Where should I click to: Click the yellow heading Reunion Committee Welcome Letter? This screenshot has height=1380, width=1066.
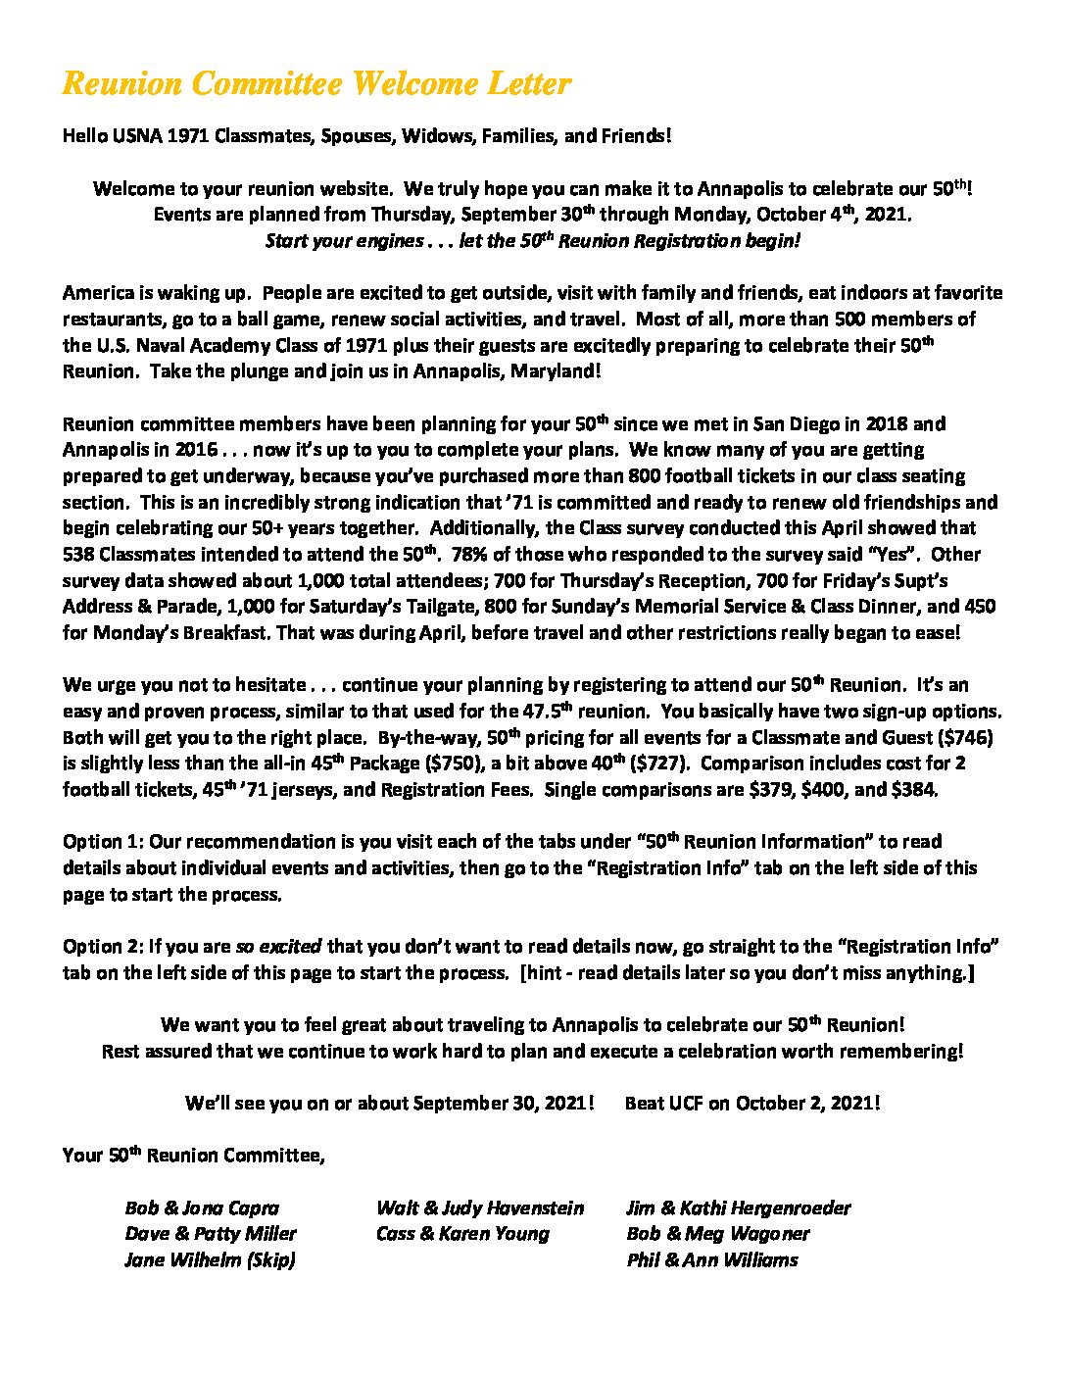tap(316, 84)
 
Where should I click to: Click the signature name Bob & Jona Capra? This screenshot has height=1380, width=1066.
tap(202, 1208)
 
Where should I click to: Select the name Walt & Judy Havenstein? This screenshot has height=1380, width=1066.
tap(480, 1208)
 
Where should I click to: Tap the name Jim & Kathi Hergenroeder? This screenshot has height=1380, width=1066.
tap(739, 1208)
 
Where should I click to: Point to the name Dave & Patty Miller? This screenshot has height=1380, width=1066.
tap(210, 1234)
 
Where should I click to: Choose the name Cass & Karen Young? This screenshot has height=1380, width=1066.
tap(462, 1234)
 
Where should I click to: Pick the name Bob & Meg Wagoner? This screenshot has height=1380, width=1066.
tap(718, 1234)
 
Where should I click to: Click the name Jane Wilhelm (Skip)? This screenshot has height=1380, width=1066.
tap(210, 1260)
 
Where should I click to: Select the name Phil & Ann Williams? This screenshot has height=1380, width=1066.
tap(712, 1260)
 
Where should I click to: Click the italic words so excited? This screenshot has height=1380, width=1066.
tap(278, 947)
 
